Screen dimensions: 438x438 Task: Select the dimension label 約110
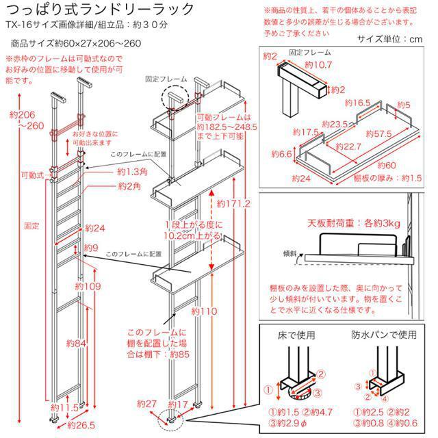point(205,311)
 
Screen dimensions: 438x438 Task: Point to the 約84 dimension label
point(76,342)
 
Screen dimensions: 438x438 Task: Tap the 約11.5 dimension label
point(67,408)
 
